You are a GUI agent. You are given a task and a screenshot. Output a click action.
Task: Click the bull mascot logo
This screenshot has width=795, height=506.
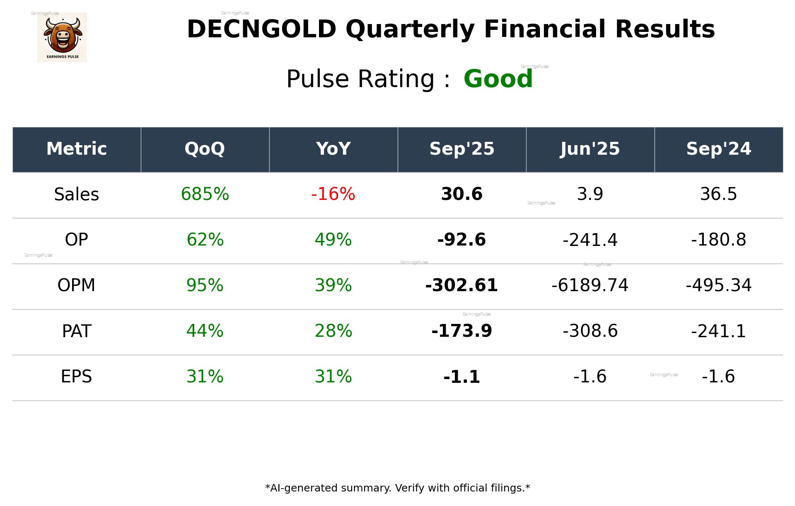[62, 37]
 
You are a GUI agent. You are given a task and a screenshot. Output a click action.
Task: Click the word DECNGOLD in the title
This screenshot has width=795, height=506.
[261, 29]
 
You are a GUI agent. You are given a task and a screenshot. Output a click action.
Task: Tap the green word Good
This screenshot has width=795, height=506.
[498, 79]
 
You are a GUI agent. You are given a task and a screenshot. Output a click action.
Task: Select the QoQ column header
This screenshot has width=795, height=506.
[205, 149]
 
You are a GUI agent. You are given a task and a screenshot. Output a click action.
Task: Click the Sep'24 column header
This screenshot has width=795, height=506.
[718, 149]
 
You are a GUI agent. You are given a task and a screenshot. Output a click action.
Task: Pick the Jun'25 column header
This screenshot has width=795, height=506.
[590, 149]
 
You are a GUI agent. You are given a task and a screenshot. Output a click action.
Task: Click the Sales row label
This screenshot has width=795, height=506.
[77, 194]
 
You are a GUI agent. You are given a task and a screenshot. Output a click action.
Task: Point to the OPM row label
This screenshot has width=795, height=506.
[77, 285]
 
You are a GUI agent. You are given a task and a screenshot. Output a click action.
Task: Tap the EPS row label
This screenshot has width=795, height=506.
[77, 377]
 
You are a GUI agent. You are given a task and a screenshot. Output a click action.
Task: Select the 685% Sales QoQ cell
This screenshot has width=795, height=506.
[205, 194]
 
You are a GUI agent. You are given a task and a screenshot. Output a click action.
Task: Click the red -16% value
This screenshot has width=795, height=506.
[333, 194]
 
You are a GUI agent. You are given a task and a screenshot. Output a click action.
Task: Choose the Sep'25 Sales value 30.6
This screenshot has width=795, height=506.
[462, 194]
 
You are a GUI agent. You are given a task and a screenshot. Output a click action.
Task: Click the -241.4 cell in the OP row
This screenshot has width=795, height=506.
[590, 240]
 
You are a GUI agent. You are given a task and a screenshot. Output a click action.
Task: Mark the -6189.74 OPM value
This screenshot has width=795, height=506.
[590, 285]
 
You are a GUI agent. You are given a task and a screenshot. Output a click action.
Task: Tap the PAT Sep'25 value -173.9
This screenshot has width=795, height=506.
[462, 331]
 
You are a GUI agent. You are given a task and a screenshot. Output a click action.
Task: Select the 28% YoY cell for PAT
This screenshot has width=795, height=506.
[333, 331]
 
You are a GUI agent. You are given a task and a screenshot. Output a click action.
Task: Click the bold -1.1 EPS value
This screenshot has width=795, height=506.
[462, 377]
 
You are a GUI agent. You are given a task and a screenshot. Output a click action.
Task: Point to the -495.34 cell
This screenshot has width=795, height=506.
[718, 285]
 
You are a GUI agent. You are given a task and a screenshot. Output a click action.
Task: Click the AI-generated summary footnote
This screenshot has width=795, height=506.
[397, 488]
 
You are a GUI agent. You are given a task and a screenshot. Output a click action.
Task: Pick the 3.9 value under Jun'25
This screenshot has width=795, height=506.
[590, 194]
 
